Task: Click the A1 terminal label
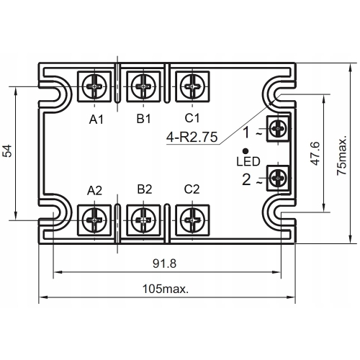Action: pos(96,119)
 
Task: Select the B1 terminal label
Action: pos(143,118)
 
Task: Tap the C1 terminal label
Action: pos(192,118)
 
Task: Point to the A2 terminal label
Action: pos(95,190)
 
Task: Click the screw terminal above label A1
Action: pos(96,88)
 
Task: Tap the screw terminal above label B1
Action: pos(143,88)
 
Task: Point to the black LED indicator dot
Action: pos(247,150)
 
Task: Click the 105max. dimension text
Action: pos(166,289)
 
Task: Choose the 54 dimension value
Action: pos(9,151)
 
